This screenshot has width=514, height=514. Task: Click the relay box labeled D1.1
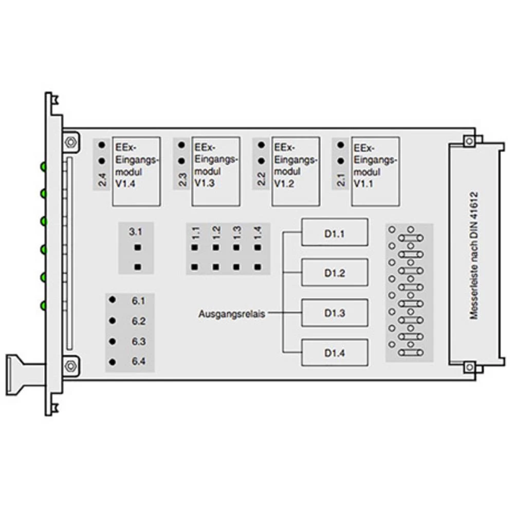(x=335, y=233)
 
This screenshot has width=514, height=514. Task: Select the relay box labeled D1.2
(x=335, y=272)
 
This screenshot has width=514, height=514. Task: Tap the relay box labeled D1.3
(x=335, y=313)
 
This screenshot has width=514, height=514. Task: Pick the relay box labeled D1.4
(x=335, y=353)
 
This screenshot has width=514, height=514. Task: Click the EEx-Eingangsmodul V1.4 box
(x=136, y=171)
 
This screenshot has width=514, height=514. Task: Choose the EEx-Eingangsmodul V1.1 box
(x=375, y=171)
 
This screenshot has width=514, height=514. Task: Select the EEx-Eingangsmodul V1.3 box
(x=216, y=171)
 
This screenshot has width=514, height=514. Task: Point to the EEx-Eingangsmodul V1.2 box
(x=296, y=171)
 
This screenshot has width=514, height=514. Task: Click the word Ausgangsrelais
(x=232, y=313)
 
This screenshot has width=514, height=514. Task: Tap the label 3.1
(x=135, y=232)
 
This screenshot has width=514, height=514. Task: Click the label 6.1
(x=138, y=300)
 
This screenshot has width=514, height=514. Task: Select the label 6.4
(x=138, y=362)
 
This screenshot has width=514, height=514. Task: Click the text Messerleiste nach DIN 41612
(x=474, y=255)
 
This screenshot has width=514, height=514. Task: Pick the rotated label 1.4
(x=258, y=232)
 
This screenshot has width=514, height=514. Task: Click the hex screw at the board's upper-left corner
(x=70, y=141)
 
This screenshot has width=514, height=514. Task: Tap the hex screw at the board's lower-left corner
(x=70, y=365)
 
